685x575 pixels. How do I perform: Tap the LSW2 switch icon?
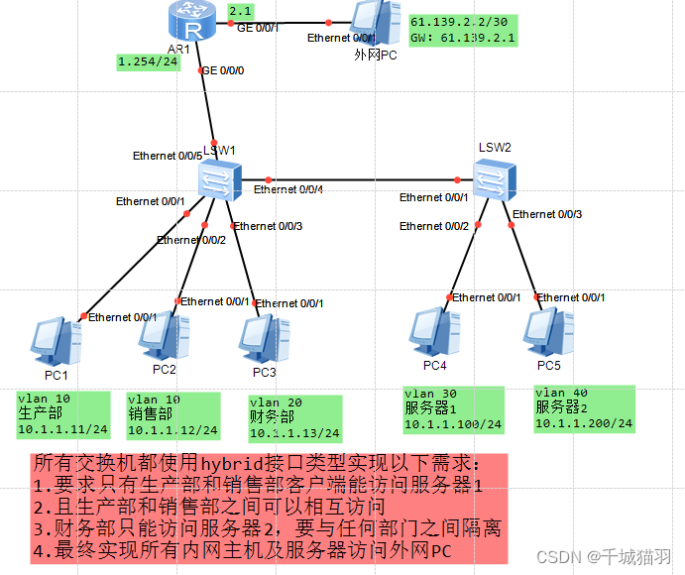click(x=492, y=178)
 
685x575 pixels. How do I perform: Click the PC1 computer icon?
click(x=56, y=341)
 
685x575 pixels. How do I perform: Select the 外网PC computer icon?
click(x=375, y=25)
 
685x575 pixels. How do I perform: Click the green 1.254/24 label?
click(x=147, y=60)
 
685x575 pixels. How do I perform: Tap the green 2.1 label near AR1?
click(x=240, y=12)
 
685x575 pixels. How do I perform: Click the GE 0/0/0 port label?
click(x=222, y=70)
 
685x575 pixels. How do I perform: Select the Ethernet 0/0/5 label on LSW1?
click(x=168, y=156)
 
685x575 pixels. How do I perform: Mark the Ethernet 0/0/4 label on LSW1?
click(x=288, y=189)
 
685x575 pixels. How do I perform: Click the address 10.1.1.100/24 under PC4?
click(x=453, y=424)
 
